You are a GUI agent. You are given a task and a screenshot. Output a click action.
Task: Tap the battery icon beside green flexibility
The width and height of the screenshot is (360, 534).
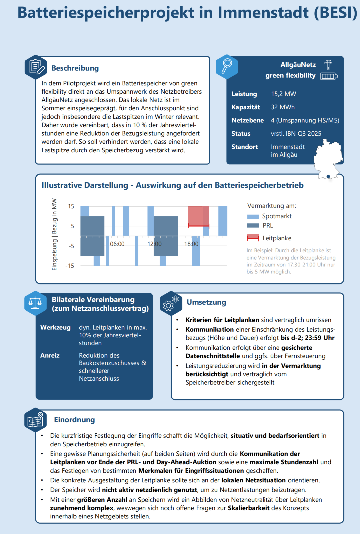pos(329,76)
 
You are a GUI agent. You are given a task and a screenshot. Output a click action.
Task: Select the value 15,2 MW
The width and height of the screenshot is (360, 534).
pos(283,94)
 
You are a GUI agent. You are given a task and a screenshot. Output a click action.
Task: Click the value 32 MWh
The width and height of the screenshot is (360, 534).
pos(283,107)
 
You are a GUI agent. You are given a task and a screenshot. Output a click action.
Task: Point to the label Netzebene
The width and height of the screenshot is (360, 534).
pos(247,120)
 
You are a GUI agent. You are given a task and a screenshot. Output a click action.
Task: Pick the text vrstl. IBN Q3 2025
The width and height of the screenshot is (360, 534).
pos(296,134)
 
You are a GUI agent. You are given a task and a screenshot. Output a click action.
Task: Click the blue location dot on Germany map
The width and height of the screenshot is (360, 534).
pos(328,176)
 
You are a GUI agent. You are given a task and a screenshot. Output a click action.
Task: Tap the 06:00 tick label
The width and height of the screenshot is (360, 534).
pos(117,244)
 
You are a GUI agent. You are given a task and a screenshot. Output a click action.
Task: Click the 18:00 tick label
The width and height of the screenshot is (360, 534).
pos(191,244)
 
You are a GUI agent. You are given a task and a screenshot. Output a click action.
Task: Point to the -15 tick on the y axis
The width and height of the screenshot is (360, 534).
pos(70,266)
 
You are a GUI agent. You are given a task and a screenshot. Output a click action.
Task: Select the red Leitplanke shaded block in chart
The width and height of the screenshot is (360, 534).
pos(198,216)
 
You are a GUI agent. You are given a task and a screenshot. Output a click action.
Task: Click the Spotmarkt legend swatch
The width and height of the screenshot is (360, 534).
pos(253,216)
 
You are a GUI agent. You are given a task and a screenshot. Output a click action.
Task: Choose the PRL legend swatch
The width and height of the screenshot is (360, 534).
pos(253,226)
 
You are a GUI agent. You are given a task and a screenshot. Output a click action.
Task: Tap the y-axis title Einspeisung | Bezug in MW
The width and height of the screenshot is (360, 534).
pos(54,234)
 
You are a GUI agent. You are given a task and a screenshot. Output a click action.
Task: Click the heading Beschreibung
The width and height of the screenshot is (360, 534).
pos(75,68)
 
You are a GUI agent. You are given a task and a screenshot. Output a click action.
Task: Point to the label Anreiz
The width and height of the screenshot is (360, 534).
pos(50,355)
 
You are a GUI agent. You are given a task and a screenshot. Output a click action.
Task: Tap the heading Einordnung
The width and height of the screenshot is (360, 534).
pos(74,420)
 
